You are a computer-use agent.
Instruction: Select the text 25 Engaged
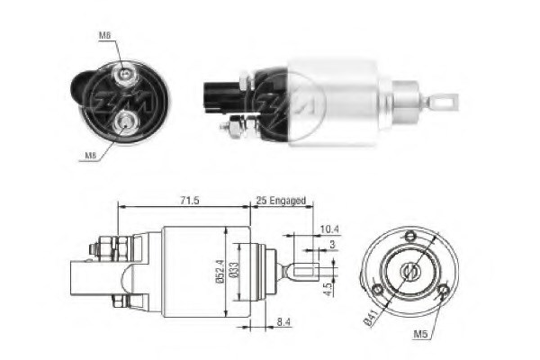click(280, 200)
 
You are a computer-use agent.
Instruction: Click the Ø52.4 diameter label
click(219, 269)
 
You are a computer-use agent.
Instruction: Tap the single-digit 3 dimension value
click(332, 246)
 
